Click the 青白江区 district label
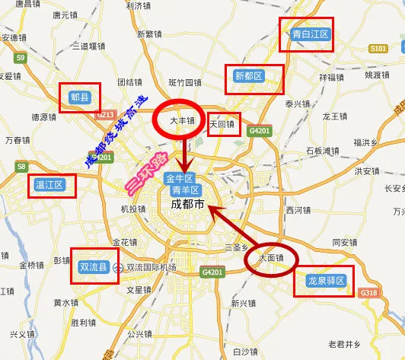(310, 34)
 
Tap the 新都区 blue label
(249, 76)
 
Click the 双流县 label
(95, 267)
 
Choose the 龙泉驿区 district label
(326, 281)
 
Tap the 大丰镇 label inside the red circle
(183, 120)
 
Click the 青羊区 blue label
(186, 190)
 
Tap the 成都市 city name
(187, 205)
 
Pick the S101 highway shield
(378, 48)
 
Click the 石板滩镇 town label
(322, 151)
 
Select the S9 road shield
(21, 57)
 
